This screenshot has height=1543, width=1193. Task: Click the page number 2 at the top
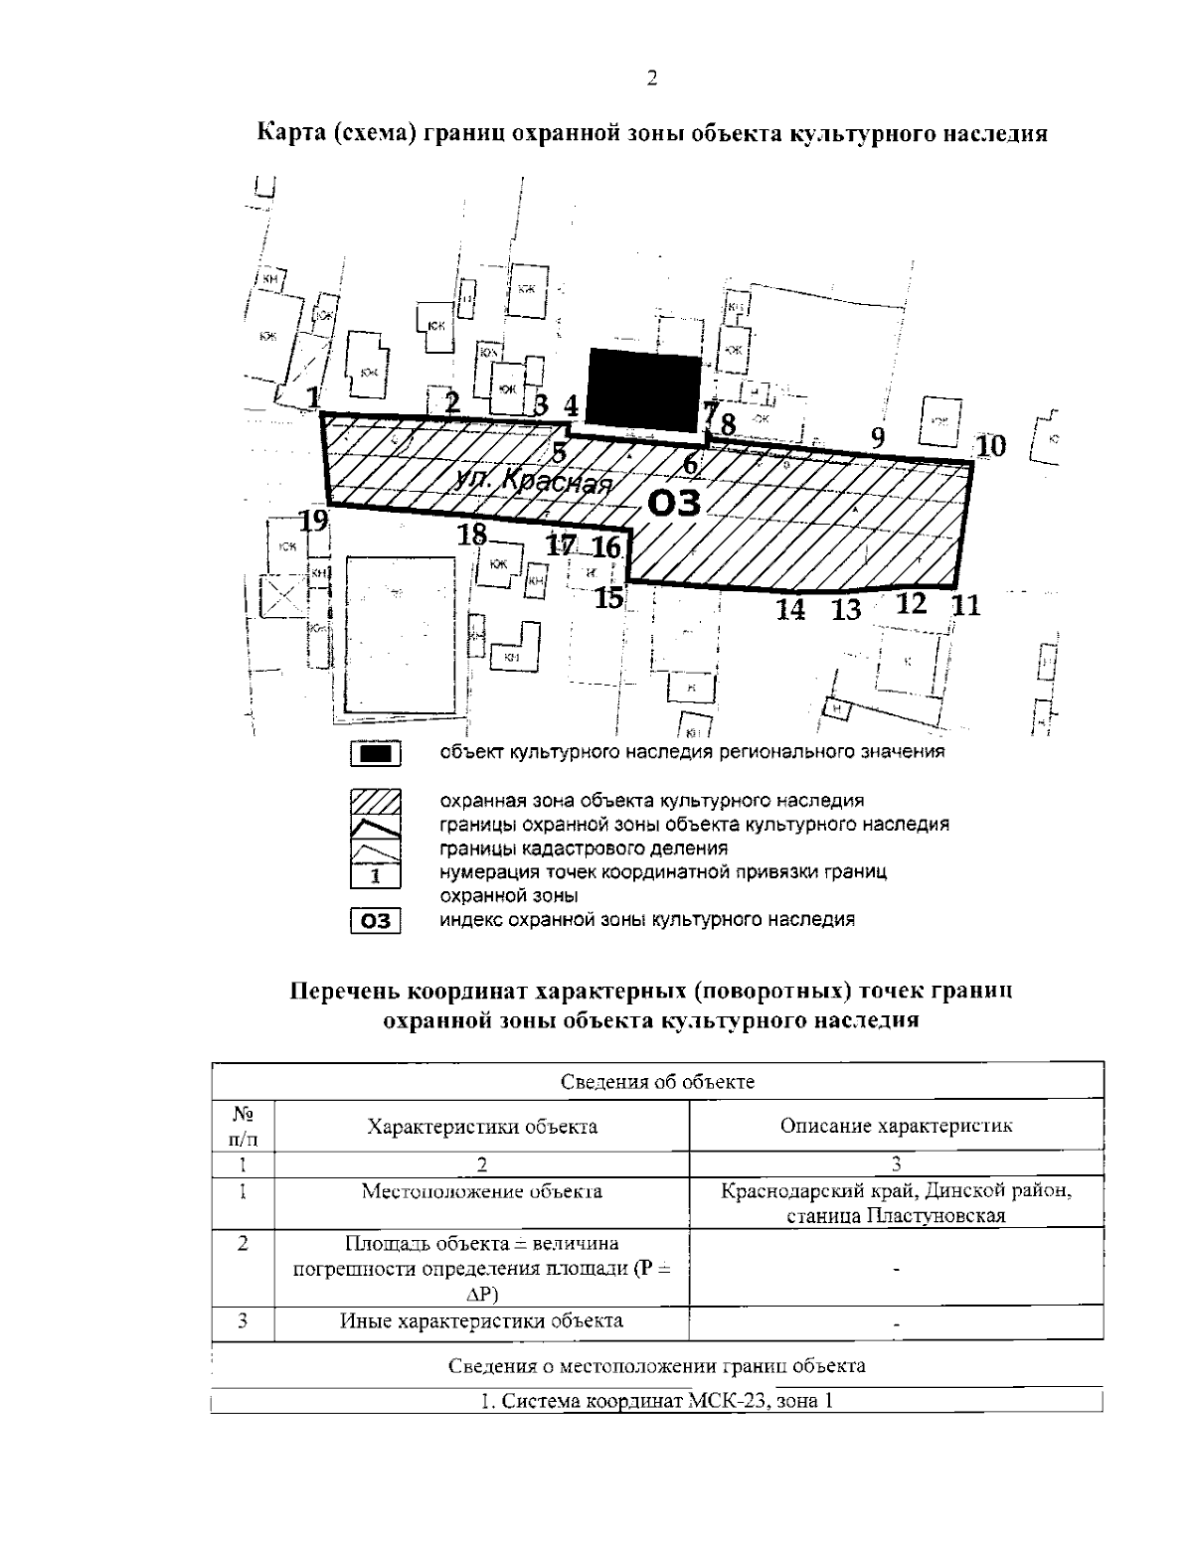(651, 78)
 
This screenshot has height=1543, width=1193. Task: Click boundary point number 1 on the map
(314, 398)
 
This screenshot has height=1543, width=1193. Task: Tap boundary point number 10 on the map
(990, 446)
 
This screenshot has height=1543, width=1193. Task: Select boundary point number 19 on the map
(315, 520)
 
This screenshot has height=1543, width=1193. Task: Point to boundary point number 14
(790, 609)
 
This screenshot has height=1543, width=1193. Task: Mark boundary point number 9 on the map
(877, 436)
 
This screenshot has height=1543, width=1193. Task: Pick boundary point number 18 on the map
(472, 535)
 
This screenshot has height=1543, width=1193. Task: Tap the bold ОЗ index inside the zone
(674, 503)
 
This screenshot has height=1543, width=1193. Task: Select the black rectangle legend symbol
(375, 755)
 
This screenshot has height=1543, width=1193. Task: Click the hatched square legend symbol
(375, 801)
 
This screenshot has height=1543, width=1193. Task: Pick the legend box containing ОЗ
(375, 921)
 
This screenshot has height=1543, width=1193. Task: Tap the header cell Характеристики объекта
(482, 1126)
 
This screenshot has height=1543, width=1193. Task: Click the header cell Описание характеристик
(896, 1126)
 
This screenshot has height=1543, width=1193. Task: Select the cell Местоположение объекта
(482, 1191)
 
